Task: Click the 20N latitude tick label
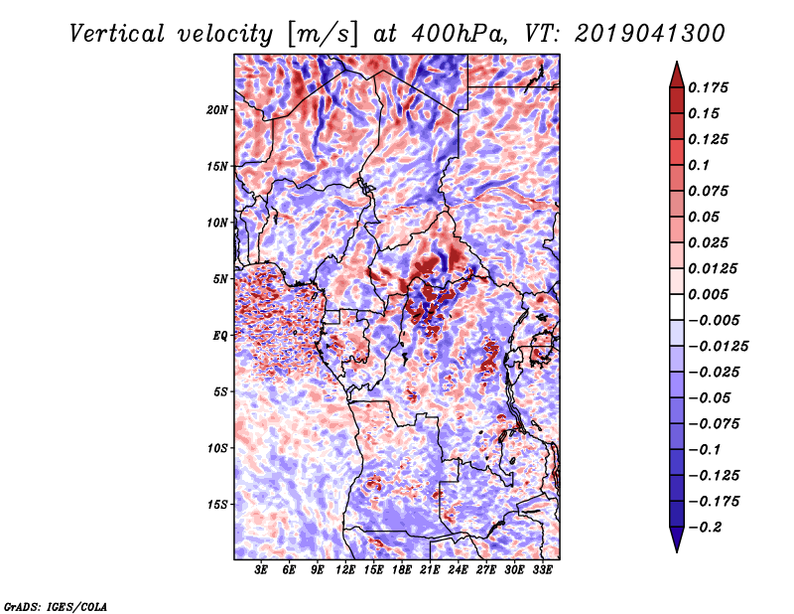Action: coord(217,110)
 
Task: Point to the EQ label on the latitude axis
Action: coord(220,336)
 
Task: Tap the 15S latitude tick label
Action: coord(217,505)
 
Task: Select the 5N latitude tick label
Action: coord(220,279)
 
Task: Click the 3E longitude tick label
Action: coord(261,570)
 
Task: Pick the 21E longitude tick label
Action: coord(430,570)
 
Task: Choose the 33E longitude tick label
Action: coord(542,570)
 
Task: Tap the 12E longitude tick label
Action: coord(345,570)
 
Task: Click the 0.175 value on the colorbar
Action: coord(708,87)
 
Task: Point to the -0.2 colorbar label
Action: coord(705,528)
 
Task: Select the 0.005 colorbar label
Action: coord(708,294)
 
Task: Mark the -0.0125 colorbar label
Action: coord(718,347)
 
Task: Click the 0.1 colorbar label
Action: coord(699,165)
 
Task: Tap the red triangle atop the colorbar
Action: coord(677,75)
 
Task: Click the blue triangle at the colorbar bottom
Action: coord(677,539)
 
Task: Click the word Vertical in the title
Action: coord(117,34)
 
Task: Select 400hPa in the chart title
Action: coord(460,34)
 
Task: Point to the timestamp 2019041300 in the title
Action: coord(650,34)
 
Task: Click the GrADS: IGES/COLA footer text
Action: coord(56,607)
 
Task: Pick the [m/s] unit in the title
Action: coord(322,35)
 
